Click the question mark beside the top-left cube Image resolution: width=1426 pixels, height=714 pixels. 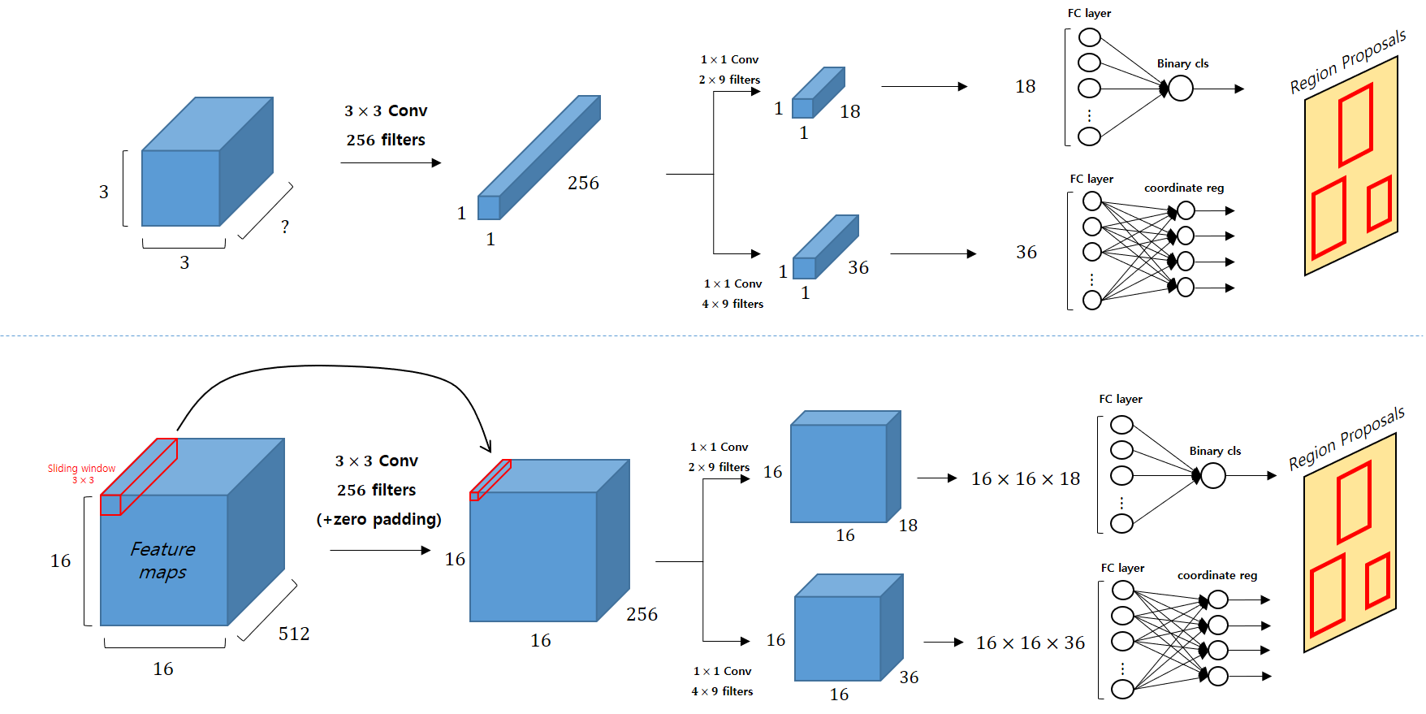285,227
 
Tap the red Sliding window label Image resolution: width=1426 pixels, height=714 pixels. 81,469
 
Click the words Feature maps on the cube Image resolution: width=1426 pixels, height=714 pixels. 163,560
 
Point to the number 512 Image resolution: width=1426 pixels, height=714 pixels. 294,634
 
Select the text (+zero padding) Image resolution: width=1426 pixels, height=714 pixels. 378,520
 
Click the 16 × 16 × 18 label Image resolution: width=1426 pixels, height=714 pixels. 1026,479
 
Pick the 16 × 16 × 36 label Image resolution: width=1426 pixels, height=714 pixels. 1031,643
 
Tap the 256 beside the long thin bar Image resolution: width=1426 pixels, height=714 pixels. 583,184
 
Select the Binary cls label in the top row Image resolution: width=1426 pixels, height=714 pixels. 1182,63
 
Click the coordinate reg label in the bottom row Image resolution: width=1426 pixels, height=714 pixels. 1217,575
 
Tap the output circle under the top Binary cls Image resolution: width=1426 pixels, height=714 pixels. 1181,89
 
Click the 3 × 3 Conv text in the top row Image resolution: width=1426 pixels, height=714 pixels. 386,111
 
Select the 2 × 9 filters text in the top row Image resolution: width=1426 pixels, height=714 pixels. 729,80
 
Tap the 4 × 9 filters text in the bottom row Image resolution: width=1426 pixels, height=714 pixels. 722,691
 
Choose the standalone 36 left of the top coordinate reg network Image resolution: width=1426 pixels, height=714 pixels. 1026,253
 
